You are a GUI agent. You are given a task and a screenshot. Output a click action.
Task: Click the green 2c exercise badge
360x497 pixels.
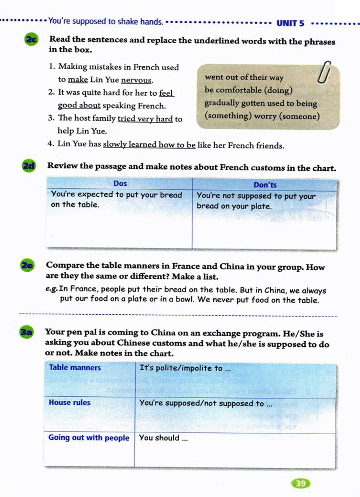(x=31, y=40)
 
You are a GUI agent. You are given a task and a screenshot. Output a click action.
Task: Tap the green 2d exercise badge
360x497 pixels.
(x=29, y=165)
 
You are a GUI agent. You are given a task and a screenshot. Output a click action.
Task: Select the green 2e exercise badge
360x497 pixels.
(x=27, y=265)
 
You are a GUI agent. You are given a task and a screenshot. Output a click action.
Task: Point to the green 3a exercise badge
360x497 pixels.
(x=26, y=332)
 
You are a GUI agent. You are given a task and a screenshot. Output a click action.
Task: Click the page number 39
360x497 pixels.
(x=301, y=484)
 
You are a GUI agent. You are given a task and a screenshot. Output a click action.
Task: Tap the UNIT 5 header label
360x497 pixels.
(x=290, y=24)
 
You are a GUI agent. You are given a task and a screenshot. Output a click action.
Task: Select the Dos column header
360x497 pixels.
(x=120, y=183)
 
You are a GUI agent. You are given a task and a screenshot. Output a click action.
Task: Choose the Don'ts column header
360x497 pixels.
(x=265, y=185)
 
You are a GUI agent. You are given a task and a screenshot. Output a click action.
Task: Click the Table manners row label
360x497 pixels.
(x=75, y=367)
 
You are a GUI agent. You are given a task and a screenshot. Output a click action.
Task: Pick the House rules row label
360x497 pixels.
(x=70, y=403)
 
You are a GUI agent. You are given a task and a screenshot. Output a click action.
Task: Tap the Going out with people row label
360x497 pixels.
(x=89, y=438)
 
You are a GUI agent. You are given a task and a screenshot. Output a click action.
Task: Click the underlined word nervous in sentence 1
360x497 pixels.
(x=136, y=80)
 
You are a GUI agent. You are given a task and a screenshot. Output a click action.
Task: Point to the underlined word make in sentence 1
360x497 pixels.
(x=78, y=80)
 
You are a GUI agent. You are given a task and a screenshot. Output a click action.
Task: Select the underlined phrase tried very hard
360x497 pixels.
(x=145, y=119)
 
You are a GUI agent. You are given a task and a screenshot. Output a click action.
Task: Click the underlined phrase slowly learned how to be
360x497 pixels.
(x=149, y=144)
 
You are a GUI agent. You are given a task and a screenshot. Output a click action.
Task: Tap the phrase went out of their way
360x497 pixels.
(x=244, y=77)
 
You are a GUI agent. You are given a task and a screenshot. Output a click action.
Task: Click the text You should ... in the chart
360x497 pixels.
(x=163, y=438)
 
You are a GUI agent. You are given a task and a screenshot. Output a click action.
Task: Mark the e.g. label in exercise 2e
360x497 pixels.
(x=51, y=289)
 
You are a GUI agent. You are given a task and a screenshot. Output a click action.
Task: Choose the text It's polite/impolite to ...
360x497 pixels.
(x=185, y=368)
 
